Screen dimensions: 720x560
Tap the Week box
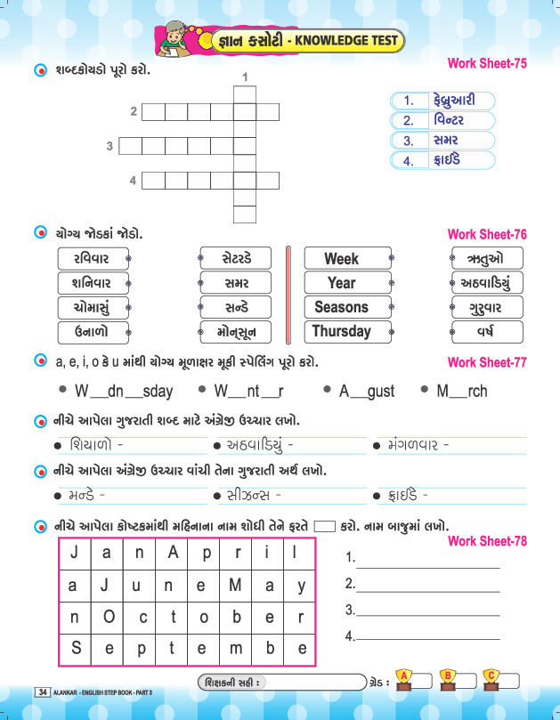tap(341, 259)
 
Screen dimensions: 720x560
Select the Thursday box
tap(341, 331)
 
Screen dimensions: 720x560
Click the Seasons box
tap(341, 307)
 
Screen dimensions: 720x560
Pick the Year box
tap(341, 283)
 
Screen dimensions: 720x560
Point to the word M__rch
tap(462, 391)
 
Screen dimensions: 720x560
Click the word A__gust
tap(366, 391)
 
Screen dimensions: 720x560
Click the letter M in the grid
tap(236, 586)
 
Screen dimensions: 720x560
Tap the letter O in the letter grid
tap(109, 617)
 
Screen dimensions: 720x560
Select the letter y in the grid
tap(301, 586)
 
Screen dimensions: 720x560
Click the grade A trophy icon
tap(405, 680)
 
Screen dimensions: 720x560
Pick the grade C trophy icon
tap(491, 680)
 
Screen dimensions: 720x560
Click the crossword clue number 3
tap(110, 146)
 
